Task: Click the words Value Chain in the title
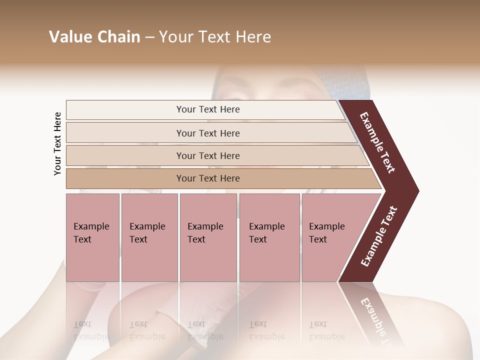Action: [94, 37]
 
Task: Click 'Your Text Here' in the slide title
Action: [215, 37]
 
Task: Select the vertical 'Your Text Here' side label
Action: [57, 143]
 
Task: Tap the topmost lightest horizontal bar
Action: [207, 109]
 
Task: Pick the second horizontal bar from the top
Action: [208, 133]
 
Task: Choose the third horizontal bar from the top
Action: [208, 155]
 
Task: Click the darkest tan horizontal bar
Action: [208, 178]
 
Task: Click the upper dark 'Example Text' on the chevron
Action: [377, 142]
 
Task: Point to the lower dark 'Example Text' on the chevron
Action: [378, 236]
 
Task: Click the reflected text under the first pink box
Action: [91, 330]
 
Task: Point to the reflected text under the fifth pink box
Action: [326, 330]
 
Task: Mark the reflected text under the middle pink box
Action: [205, 330]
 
